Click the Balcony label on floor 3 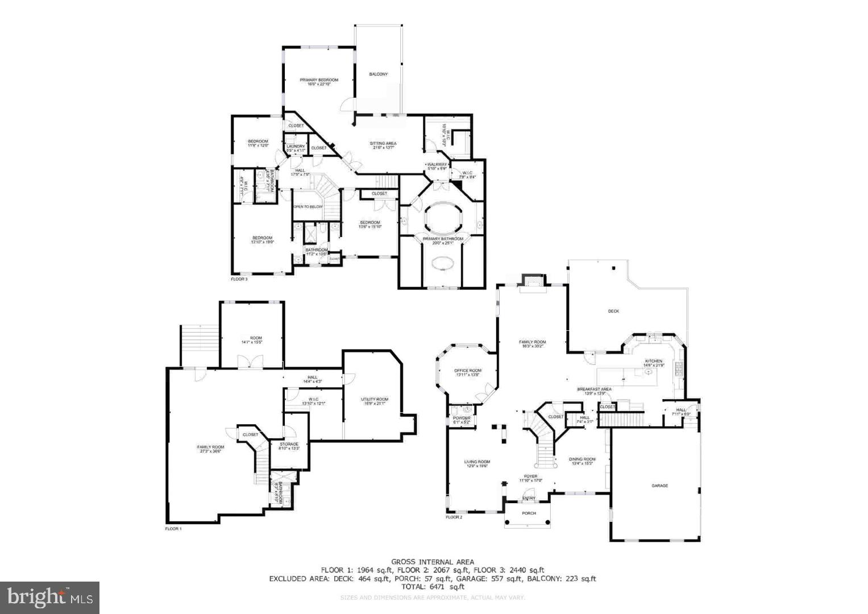click(x=378, y=74)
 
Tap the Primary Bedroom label click(x=319, y=80)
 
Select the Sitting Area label click(x=383, y=143)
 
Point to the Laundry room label click(x=296, y=147)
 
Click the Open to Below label click(x=308, y=206)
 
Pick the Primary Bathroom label click(x=442, y=239)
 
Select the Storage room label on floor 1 click(x=285, y=444)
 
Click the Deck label click(x=613, y=311)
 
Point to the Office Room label click(x=468, y=371)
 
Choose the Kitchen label click(x=653, y=361)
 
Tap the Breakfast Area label click(x=594, y=389)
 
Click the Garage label click(x=659, y=486)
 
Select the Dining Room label click(x=583, y=459)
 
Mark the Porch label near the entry click(x=529, y=513)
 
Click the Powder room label click(x=462, y=418)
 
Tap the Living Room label click(x=477, y=462)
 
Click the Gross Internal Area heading click(x=432, y=562)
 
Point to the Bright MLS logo click(x=50, y=597)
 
